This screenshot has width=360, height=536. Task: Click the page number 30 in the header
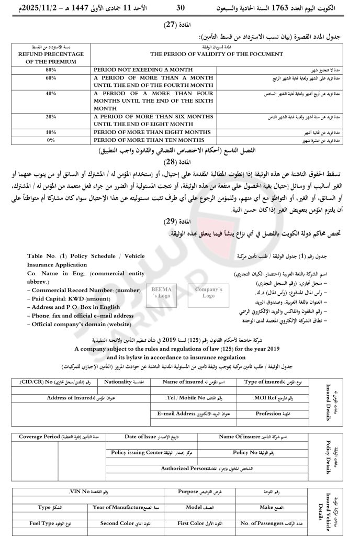(181, 8)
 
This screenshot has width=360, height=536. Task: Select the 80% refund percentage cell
(51, 70)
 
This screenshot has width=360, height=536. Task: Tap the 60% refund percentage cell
(51, 77)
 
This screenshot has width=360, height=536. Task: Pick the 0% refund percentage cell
(51, 140)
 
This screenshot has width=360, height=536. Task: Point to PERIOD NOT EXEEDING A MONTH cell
(138, 70)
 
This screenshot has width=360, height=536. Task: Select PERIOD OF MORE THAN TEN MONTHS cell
(148, 140)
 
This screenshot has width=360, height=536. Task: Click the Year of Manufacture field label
(118, 507)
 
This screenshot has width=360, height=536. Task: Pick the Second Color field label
(119, 523)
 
